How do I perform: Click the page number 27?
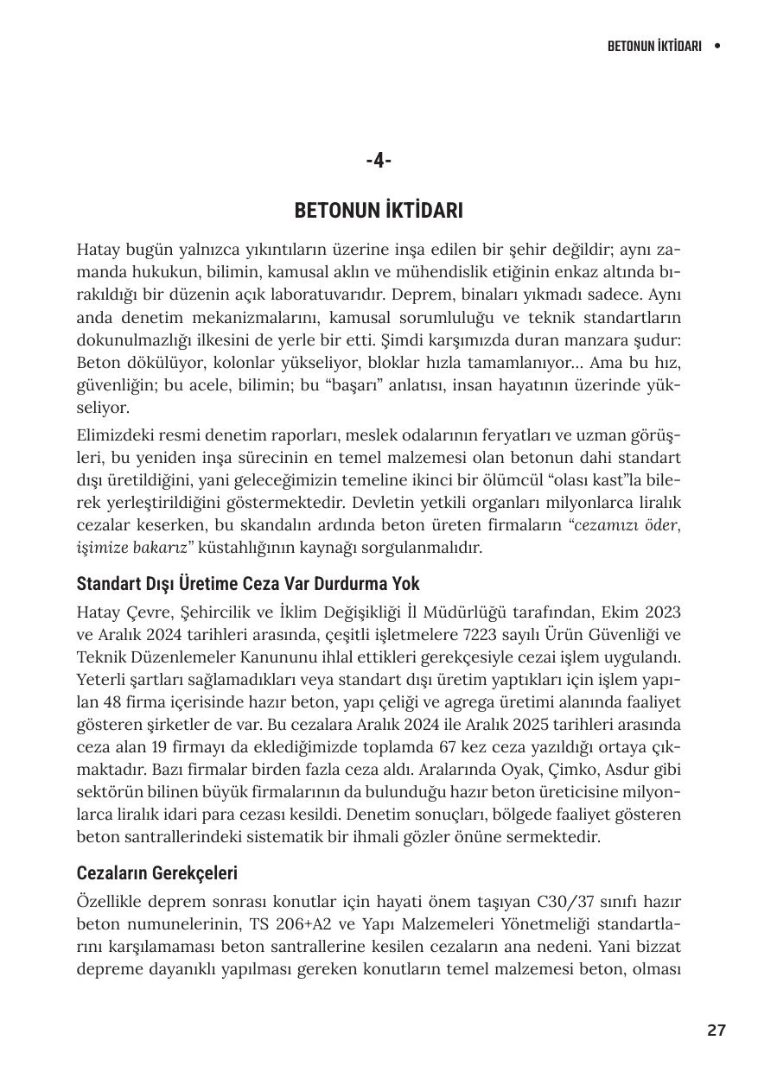pos(716,1030)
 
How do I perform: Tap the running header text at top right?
pos(653,46)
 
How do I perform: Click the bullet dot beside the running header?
pos(717,46)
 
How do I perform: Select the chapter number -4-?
pos(379,161)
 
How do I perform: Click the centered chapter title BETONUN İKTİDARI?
pos(379,211)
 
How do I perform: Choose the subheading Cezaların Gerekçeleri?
pos(156,873)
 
